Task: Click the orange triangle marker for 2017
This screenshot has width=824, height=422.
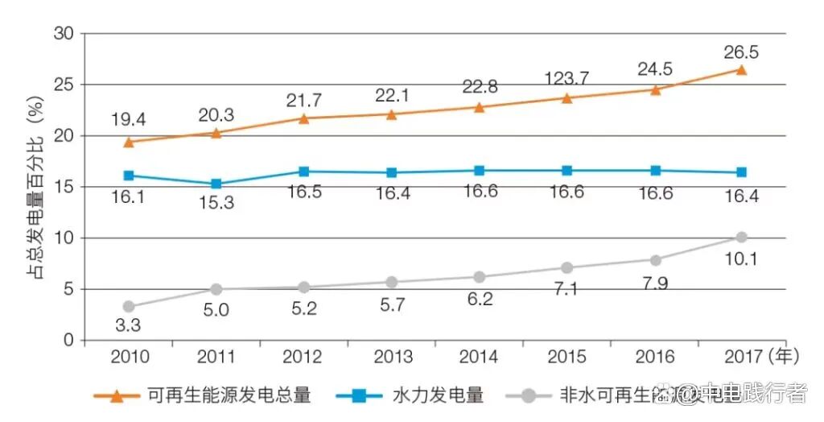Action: coord(740,70)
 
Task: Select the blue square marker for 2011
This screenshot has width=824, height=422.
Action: coord(216,184)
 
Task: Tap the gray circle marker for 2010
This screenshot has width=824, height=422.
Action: coord(129,306)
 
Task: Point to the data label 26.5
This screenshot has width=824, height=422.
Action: coord(740,52)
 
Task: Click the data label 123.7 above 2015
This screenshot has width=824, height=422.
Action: coord(566,78)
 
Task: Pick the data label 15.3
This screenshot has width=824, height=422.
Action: coord(216,203)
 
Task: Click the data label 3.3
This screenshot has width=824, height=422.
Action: coord(129,326)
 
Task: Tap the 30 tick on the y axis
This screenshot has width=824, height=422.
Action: coord(64,34)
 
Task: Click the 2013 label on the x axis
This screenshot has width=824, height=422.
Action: coord(392,357)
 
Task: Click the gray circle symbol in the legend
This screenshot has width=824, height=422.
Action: coord(529,395)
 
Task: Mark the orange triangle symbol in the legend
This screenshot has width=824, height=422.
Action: coord(117,395)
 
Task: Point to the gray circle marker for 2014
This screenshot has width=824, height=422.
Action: coord(479,276)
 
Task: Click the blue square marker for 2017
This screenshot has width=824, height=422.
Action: coord(740,172)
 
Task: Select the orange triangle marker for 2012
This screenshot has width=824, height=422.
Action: coord(303,118)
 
